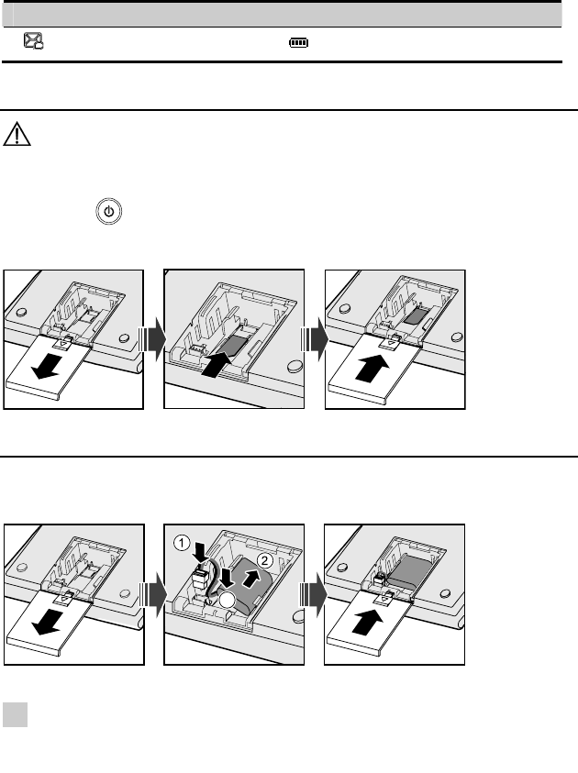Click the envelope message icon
pos(34,40)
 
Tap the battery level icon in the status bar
pos(299,43)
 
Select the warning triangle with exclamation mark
pos(17,134)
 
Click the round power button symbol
pos(108,212)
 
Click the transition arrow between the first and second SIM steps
pos(152,339)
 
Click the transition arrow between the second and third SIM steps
pos(314,339)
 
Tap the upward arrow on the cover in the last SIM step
pos(372,369)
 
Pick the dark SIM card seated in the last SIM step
pos(417,316)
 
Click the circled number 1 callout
pos(182,543)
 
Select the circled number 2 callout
pos(265,560)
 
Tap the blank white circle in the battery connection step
pos(228,600)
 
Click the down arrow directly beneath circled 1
pos(201,552)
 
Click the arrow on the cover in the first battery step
pos(48,622)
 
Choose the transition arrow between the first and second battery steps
pos(152,594)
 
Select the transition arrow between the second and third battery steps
pos(314,594)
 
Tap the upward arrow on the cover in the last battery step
pos(369,623)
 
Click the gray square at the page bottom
pos(15,715)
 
